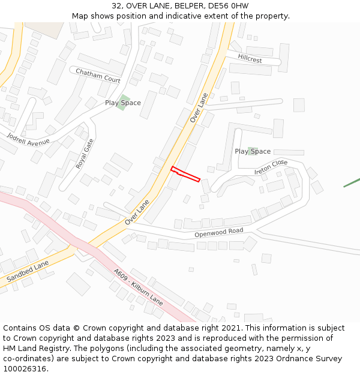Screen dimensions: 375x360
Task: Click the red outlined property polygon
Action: [x=185, y=173]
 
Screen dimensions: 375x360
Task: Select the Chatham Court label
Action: [x=98, y=76]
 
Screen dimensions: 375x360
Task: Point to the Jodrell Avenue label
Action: [x=28, y=139]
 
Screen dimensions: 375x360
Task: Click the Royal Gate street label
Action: [x=85, y=153]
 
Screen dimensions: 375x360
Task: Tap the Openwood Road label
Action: [x=218, y=232]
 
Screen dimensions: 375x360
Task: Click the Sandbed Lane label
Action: [x=28, y=272]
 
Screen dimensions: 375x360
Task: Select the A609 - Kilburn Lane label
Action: [x=138, y=286]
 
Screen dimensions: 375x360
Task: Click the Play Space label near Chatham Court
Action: [x=123, y=103]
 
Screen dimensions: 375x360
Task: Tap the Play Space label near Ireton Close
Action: [x=253, y=151]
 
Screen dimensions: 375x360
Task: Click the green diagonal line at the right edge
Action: [x=352, y=182]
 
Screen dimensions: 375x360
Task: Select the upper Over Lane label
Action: [x=199, y=108]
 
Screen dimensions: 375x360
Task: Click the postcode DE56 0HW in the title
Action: [x=228, y=6]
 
